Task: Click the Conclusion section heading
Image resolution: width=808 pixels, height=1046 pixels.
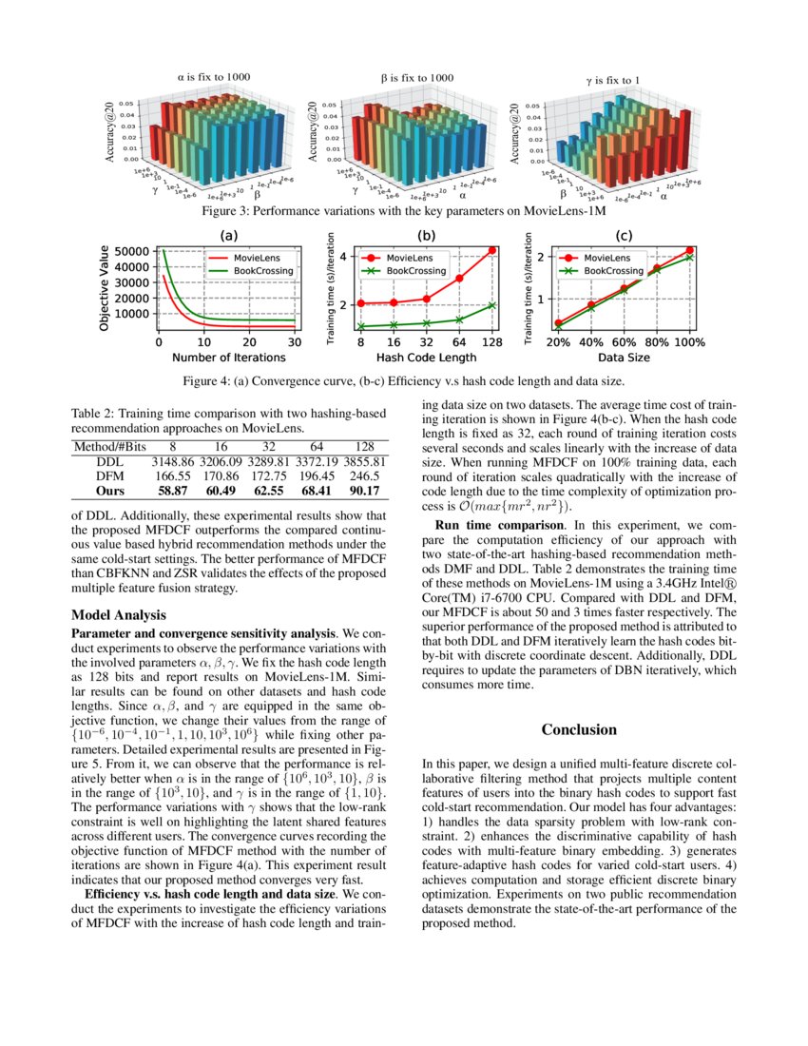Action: click(579, 729)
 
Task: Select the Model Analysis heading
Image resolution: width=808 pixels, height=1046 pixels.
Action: click(119, 614)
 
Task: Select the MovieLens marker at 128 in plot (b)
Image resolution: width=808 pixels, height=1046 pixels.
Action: click(492, 250)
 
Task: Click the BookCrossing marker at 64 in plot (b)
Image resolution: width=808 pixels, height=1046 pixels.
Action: click(459, 320)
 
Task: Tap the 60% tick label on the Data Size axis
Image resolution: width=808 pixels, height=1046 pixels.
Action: click(624, 342)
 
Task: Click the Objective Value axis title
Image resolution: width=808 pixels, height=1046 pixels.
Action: click(104, 284)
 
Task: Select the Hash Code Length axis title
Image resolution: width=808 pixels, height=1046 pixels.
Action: click(426, 358)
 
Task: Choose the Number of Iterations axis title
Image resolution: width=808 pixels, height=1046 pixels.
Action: click(228, 358)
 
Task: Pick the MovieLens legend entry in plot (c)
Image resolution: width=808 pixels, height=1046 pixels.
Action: click(605, 257)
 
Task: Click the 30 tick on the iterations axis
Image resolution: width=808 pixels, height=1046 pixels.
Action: click(294, 342)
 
